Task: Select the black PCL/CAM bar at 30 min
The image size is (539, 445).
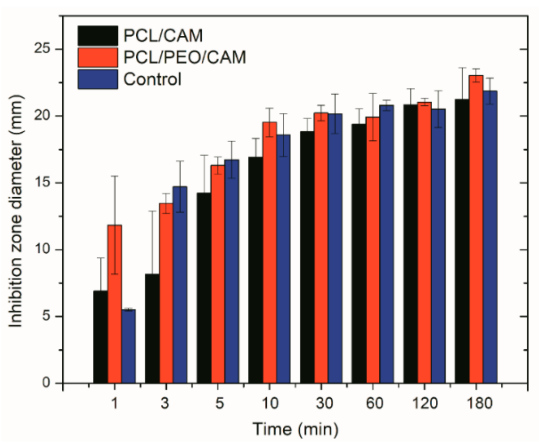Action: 307,257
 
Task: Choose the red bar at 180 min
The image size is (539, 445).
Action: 476,229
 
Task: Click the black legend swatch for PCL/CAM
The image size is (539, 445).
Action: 98,36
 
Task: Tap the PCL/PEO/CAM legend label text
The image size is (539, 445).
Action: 185,57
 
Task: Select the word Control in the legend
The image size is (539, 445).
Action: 152,79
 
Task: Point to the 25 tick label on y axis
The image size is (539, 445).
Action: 43,49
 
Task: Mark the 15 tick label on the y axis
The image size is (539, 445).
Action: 43,183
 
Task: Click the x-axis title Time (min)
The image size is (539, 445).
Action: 295,429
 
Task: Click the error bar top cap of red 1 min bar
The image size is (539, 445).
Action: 115,176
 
